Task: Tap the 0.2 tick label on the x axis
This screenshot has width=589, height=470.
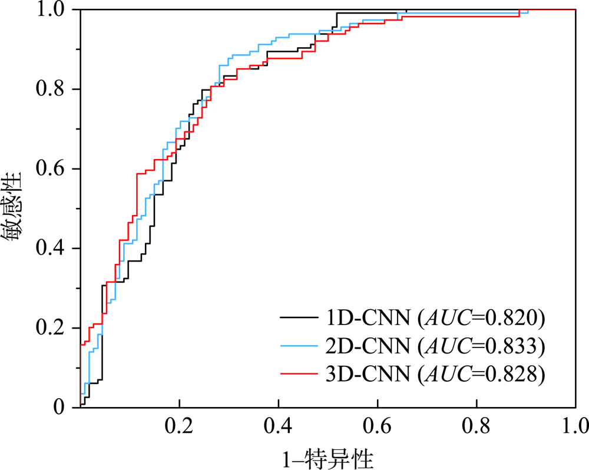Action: (179, 425)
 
